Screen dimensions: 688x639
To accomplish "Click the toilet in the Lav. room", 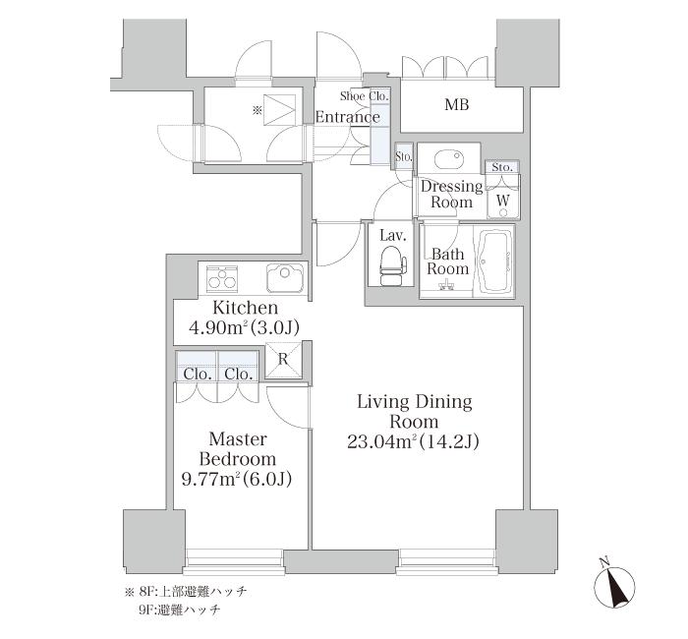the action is pos(393,264).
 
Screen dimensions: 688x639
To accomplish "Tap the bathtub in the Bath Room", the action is pos(496,262).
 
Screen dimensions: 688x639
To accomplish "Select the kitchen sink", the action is pos(285,277).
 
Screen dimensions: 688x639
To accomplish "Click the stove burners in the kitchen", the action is pos(222,277).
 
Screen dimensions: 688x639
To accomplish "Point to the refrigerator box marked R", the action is pos(283,360).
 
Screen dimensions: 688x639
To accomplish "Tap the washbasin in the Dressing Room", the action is pos(449,159).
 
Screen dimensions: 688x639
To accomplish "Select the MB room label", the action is pos(457,104).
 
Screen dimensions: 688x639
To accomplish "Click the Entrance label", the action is pos(348,117).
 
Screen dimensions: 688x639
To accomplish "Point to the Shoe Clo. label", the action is pos(365,95).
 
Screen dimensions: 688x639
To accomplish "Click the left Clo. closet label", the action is pos(198,375).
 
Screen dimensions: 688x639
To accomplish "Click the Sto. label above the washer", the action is pos(503,167).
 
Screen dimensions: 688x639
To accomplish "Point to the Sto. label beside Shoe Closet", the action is pos(404,156).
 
